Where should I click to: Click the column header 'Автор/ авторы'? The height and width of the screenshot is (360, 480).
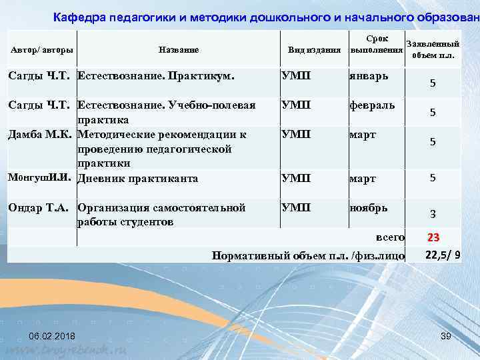(x=41, y=50)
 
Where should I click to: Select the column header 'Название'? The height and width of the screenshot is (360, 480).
(x=178, y=50)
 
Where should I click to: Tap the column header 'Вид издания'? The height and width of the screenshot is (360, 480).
(x=314, y=51)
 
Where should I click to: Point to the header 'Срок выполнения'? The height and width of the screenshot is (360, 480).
(x=377, y=45)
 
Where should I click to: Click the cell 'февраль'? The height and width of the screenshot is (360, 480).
(x=373, y=105)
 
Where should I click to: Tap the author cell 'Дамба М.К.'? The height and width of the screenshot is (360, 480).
(x=41, y=134)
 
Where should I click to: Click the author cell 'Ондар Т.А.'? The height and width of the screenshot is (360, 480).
(x=41, y=207)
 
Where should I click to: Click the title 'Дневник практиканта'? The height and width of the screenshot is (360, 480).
(x=138, y=179)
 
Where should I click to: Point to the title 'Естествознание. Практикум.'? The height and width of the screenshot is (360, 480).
(x=157, y=75)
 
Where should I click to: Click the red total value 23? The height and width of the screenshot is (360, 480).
(x=433, y=238)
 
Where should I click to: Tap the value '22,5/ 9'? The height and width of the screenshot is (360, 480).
(x=442, y=253)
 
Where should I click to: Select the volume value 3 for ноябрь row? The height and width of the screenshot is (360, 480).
(x=433, y=214)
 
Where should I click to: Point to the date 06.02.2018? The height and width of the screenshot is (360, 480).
(x=52, y=336)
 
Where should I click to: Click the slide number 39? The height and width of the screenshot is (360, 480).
(x=445, y=336)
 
